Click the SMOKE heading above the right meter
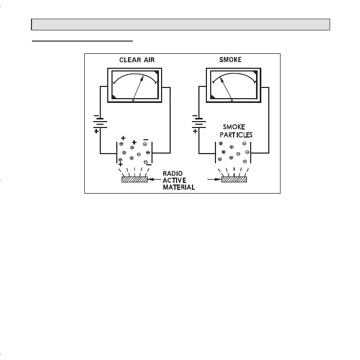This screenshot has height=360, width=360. tap(230, 60)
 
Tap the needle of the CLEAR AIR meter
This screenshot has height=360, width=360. tap(139, 86)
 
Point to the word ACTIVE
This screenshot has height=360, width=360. tap(174, 180)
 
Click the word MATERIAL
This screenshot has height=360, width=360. tap(179, 187)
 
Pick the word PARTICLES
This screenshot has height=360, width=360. tap(236, 135)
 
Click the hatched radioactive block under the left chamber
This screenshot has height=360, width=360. tap(134, 180)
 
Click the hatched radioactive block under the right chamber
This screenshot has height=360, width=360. tap(234, 180)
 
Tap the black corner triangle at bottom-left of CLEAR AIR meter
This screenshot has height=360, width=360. tap(114, 97)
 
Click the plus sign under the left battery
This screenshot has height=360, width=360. tap(96, 131)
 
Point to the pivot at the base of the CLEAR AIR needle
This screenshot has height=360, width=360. tap(133, 100)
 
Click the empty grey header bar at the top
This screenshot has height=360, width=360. tap(181, 25)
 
